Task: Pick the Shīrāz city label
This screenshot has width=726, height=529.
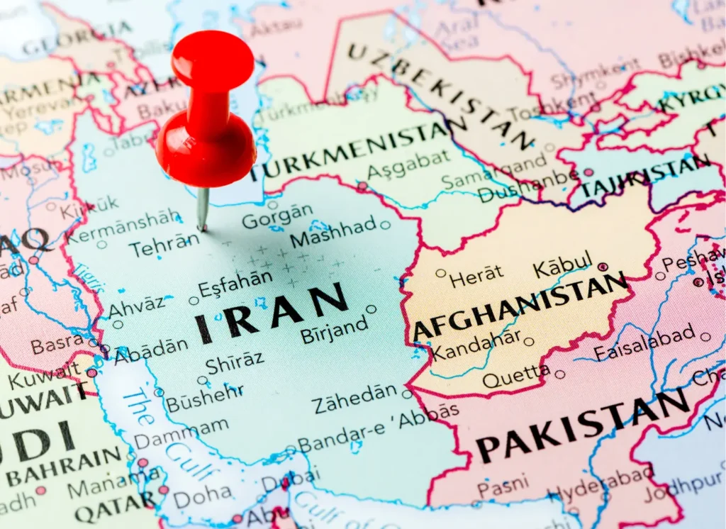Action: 234,362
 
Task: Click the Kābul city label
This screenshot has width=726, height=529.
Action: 562,267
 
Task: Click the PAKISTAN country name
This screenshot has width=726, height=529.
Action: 583,426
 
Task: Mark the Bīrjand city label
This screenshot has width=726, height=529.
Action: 335,329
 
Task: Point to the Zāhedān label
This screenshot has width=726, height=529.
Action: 354,399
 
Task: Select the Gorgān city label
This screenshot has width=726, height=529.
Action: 277,216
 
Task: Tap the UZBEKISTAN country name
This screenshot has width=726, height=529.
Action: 440,92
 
